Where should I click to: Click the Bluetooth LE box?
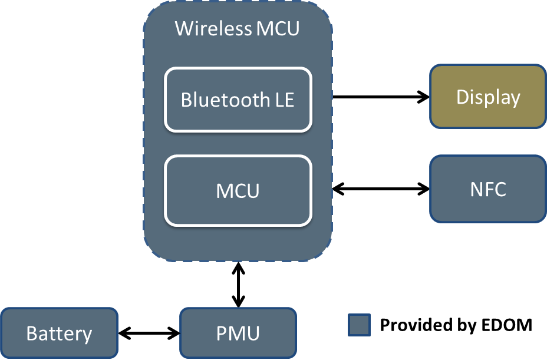(x=238, y=100)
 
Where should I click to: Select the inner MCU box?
(x=238, y=190)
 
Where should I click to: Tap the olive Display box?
(x=487, y=97)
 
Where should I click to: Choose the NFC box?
(x=487, y=189)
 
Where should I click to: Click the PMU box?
(x=238, y=333)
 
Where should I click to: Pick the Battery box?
(x=59, y=333)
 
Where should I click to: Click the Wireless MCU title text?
(x=237, y=28)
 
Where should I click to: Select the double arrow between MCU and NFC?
(x=381, y=189)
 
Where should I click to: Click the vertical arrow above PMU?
(x=238, y=285)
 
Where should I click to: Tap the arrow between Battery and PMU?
(x=149, y=333)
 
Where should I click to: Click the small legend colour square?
(x=359, y=325)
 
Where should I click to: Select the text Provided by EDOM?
(x=456, y=325)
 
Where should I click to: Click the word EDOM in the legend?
(x=510, y=325)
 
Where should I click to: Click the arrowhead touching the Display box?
(x=424, y=97)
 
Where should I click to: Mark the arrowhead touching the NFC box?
(x=424, y=189)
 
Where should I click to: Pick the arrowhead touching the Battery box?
(x=124, y=333)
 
